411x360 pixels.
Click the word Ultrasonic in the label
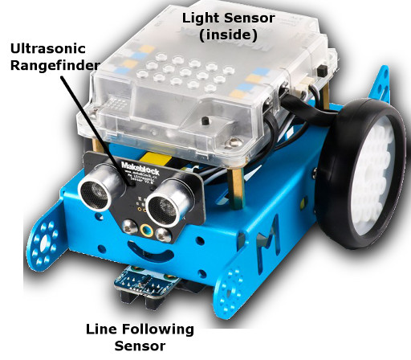pos(48,48)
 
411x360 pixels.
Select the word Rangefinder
pos(55,66)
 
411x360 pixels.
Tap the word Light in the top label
pos(201,18)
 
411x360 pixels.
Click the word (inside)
pos(228,35)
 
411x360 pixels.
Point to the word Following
pos(159,329)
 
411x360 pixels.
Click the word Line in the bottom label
pos(103,329)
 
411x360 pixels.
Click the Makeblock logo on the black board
pos(140,168)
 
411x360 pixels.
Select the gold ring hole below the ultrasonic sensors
pos(147,231)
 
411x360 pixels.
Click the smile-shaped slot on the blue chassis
pos(149,252)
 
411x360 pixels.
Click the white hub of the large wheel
pos(373,175)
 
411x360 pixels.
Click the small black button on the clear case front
pos(205,121)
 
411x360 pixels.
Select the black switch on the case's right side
pos(322,70)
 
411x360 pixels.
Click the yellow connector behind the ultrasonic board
pos(156,160)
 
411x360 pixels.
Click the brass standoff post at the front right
pos(237,187)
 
